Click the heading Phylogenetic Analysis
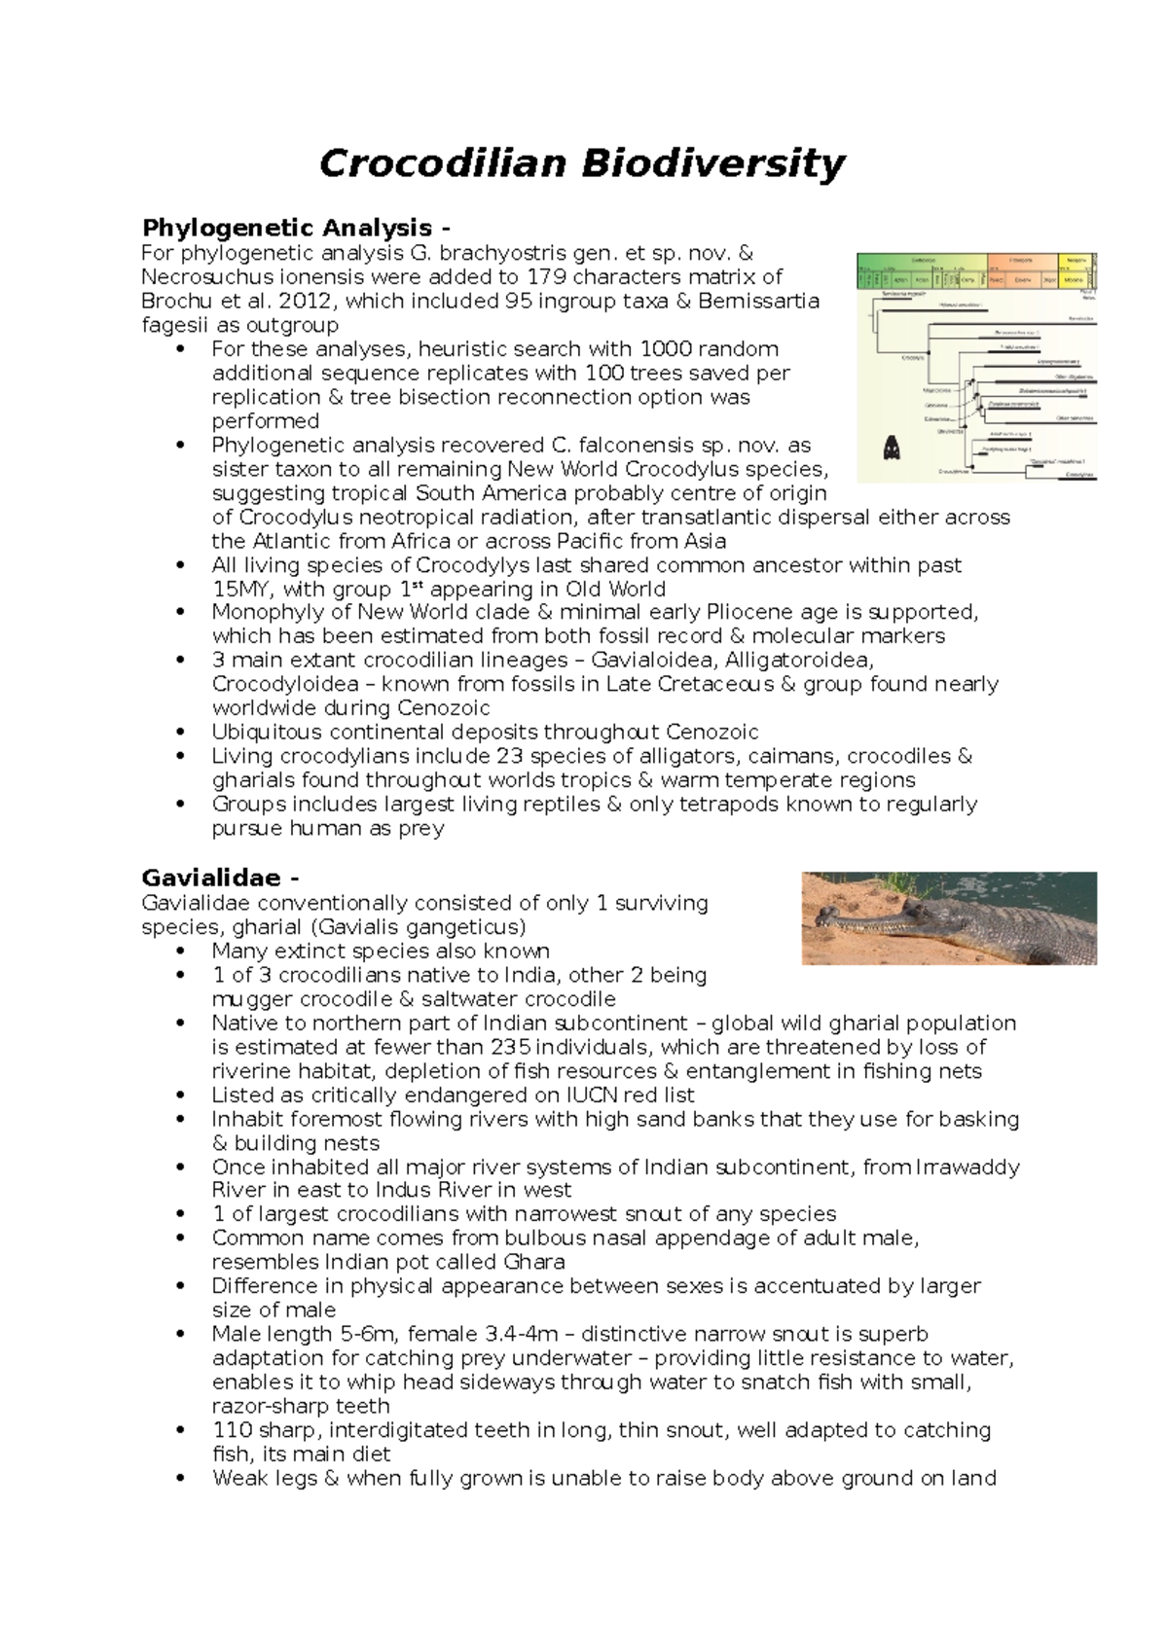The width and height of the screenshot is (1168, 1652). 287,228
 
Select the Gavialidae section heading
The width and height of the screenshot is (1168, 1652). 210,879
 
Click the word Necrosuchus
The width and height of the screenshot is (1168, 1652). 201,276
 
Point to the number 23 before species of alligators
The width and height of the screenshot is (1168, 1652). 510,756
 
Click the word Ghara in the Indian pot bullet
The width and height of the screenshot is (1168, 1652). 533,1262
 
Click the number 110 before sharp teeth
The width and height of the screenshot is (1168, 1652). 232,1430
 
